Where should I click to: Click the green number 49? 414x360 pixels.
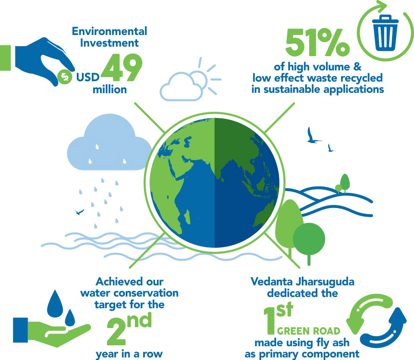click(x=122, y=67)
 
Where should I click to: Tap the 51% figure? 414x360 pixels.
click(x=318, y=43)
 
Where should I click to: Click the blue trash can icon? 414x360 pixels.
click(x=385, y=33)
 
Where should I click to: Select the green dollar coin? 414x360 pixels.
click(x=65, y=77)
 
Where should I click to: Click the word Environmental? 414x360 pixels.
click(x=110, y=31)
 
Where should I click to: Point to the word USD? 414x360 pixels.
click(x=88, y=77)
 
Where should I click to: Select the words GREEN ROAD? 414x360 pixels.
click(x=309, y=331)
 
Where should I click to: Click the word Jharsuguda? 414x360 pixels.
click(x=325, y=282)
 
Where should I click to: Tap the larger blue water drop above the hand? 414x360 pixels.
click(x=55, y=304)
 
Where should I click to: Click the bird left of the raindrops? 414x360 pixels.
click(x=79, y=212)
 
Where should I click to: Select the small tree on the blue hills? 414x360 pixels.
click(x=345, y=183)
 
